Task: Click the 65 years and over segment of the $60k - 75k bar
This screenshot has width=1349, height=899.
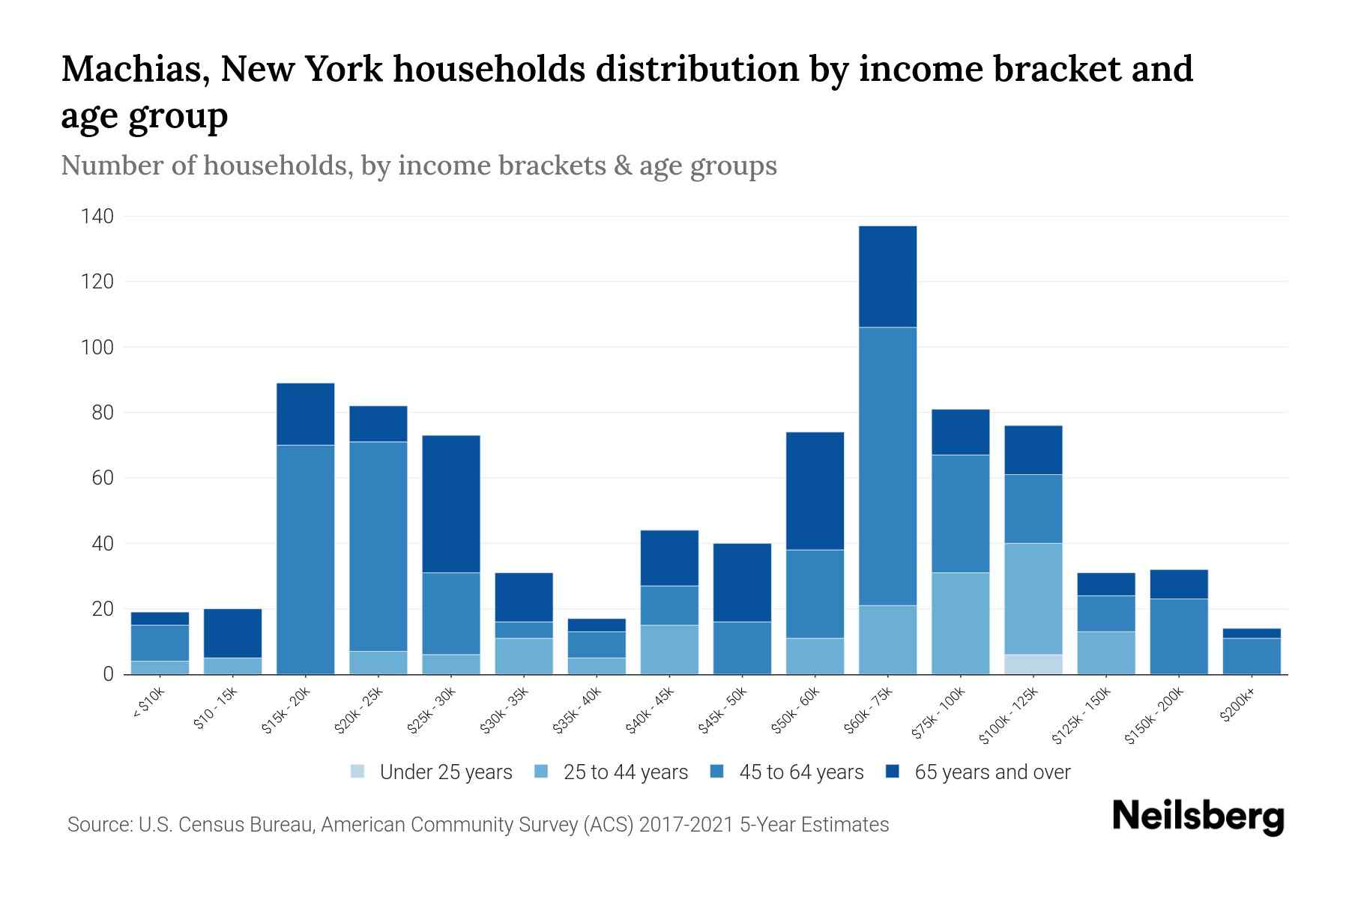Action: (x=887, y=276)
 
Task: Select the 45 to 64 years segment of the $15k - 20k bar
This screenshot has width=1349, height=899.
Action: (x=305, y=560)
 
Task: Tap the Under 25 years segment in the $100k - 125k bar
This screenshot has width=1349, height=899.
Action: (x=1033, y=665)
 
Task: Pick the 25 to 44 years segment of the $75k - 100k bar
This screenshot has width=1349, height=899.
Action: (x=960, y=623)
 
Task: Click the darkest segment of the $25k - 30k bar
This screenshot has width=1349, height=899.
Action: (x=451, y=504)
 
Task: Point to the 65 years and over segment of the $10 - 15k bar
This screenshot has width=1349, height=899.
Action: (x=232, y=633)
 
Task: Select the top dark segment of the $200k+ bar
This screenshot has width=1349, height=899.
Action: (x=1252, y=633)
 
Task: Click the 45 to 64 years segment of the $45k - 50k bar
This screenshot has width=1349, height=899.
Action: (x=742, y=648)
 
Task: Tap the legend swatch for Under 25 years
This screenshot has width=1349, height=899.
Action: (x=358, y=772)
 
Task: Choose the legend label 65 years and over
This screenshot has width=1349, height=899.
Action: (x=992, y=772)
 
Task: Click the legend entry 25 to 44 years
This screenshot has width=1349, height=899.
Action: (x=625, y=772)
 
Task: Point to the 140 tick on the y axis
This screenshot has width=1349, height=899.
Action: (x=97, y=217)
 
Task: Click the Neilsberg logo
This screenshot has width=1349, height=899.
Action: (x=1198, y=817)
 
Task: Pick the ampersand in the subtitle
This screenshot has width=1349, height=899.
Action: (x=622, y=166)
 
